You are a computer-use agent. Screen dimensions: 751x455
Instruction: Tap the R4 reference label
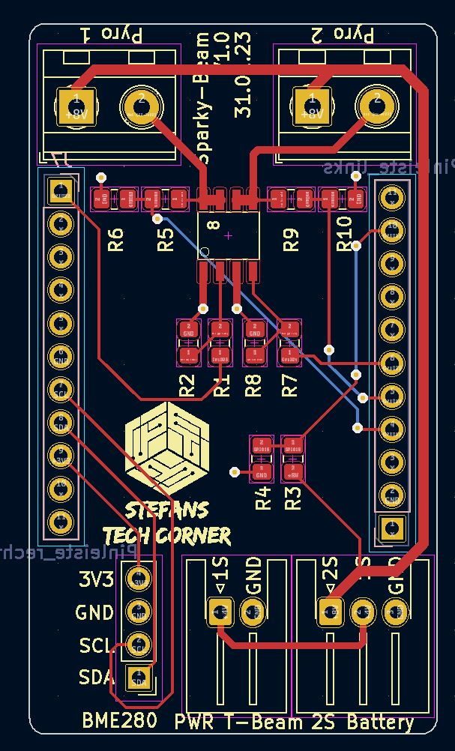tap(262, 498)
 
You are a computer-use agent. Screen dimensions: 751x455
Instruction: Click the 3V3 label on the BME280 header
tap(96, 579)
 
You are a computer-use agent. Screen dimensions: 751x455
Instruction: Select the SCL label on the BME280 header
tap(94, 645)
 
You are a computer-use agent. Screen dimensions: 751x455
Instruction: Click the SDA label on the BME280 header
tap(96, 678)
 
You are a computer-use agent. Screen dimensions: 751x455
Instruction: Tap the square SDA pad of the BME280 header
tap(139, 678)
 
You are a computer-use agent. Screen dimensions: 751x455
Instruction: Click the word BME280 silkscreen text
tap(120, 721)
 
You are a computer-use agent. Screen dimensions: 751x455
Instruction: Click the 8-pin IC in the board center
tap(229, 235)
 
